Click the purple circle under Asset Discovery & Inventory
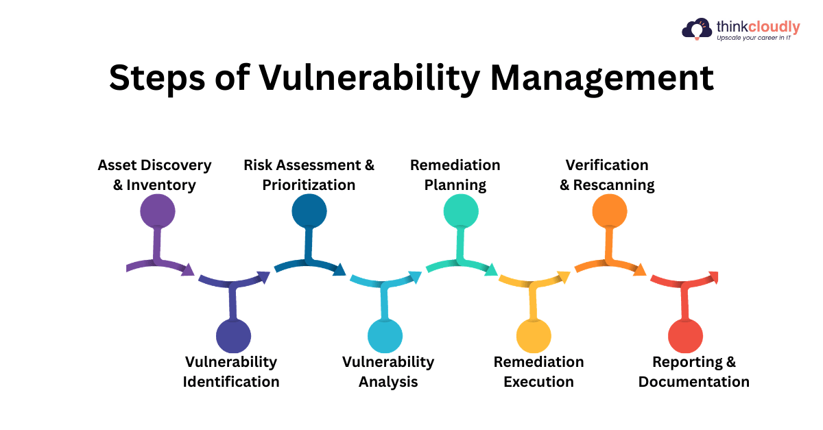(158, 211)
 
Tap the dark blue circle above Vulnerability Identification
(233, 336)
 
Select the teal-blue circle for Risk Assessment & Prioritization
(309, 211)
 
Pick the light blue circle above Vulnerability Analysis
(385, 336)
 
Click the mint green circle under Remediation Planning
(461, 211)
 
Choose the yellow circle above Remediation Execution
(534, 336)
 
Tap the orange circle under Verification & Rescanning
(610, 211)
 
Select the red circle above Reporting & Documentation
(686, 336)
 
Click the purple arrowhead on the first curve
(188, 270)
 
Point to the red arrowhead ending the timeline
(713, 277)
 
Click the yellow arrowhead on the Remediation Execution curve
(563, 277)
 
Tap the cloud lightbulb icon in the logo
(697, 29)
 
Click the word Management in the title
(602, 79)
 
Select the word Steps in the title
(157, 79)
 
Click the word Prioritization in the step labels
(309, 185)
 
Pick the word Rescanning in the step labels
(614, 185)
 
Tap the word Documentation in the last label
(694, 382)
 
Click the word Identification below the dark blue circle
(231, 382)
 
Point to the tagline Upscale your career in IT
(754, 38)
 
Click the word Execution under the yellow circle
(538, 382)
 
